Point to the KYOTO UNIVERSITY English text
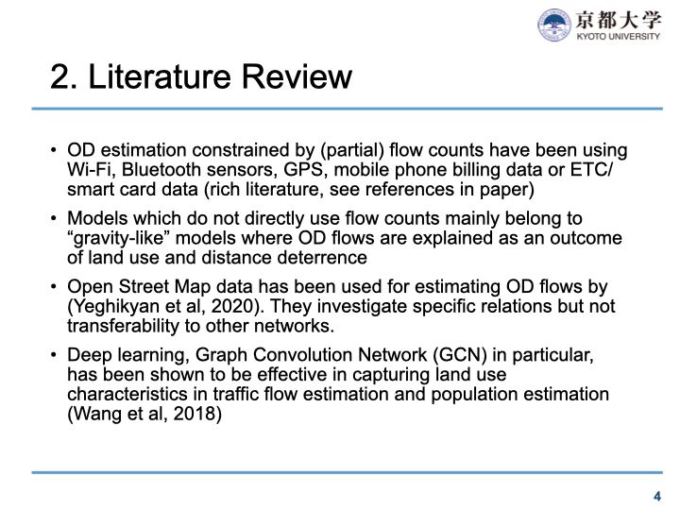[x=619, y=38]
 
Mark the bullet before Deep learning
[x=57, y=355]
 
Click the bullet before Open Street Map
[x=57, y=287]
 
